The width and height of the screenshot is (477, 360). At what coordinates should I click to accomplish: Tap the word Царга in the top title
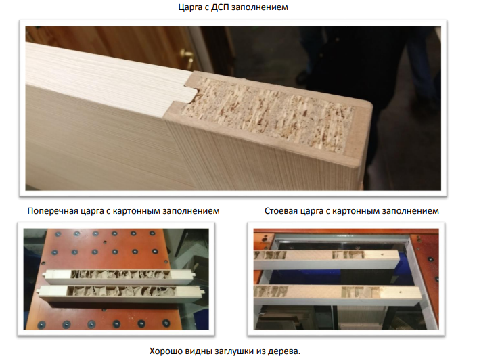click(x=190, y=7)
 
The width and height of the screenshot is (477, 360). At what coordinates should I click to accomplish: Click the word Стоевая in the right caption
click(x=281, y=211)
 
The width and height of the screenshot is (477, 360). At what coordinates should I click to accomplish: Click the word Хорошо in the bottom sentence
click(x=165, y=351)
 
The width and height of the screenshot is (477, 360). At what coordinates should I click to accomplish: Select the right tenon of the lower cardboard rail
click(x=201, y=292)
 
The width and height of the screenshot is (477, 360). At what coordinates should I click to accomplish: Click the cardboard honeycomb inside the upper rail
click(x=120, y=274)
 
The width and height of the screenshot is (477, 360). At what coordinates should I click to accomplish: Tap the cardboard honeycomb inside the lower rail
click(x=120, y=291)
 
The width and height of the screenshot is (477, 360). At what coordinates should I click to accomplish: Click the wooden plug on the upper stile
click(x=382, y=255)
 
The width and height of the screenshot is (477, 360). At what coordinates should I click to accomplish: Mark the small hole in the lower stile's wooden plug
click(x=400, y=291)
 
